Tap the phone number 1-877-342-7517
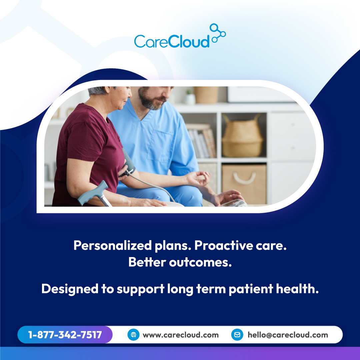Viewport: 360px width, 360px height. coord(65,335)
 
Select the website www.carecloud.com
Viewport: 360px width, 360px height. coord(181,335)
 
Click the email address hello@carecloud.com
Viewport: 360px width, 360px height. coord(288,335)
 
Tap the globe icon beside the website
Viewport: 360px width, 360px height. coord(133,335)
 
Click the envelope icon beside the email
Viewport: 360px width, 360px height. coord(237,335)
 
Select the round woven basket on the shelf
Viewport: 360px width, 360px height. coord(242,137)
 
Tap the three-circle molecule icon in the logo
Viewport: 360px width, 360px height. coord(218,33)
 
